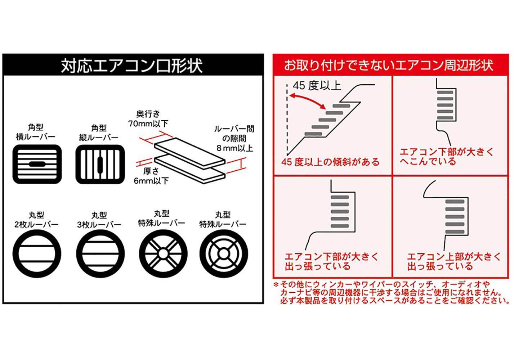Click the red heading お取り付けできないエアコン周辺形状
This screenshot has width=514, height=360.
(x=388, y=65)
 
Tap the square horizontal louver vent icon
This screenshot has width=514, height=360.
(x=37, y=164)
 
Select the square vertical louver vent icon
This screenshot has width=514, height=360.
(x=100, y=164)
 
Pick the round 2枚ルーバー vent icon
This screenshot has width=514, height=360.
(x=37, y=253)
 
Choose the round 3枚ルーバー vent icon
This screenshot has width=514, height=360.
(x=100, y=253)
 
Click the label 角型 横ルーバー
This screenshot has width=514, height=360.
(x=36, y=132)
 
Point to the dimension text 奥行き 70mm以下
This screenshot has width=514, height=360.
(x=148, y=119)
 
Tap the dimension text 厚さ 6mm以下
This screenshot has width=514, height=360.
(x=151, y=176)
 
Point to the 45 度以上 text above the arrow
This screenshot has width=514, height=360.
(x=317, y=86)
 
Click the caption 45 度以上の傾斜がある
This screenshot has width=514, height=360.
(x=331, y=162)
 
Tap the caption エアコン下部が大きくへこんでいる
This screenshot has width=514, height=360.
(x=447, y=157)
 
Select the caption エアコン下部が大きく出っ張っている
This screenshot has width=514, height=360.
(x=331, y=261)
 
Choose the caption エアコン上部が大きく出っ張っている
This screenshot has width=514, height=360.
(x=454, y=261)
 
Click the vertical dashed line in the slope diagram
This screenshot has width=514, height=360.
(x=287, y=119)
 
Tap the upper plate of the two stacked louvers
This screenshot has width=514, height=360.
(x=189, y=153)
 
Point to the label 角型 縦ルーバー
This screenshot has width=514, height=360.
(x=99, y=132)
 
